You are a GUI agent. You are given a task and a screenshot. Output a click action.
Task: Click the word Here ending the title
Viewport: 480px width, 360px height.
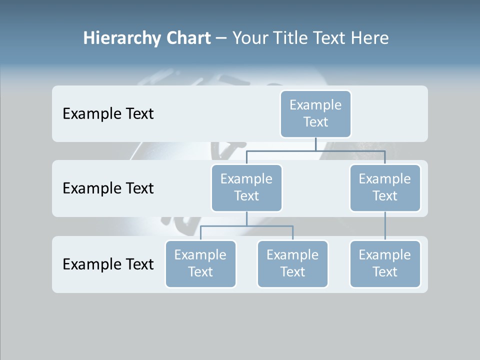[370, 38]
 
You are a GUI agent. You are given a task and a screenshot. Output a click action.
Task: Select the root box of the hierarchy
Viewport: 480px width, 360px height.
[315, 113]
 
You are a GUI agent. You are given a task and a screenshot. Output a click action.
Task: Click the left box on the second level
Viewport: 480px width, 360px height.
[246, 187]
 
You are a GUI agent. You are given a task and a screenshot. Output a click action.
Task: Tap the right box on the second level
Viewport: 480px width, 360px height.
[385, 187]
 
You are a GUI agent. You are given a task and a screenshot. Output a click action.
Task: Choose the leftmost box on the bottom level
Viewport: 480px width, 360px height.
[200, 263]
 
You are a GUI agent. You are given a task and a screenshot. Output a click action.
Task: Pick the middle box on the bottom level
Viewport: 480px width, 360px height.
[292, 263]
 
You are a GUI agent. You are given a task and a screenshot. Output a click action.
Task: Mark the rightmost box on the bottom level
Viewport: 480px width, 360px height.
[385, 263]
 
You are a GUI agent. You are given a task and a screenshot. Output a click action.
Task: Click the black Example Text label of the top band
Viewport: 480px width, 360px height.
[108, 114]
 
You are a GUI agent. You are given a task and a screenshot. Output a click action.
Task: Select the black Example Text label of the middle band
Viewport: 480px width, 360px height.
[108, 188]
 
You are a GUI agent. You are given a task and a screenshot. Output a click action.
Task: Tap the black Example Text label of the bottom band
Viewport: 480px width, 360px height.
[108, 264]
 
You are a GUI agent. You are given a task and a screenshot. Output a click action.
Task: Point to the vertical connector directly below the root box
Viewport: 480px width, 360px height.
[315, 144]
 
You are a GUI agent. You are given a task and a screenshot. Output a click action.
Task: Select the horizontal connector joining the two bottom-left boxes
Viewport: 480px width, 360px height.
[246, 226]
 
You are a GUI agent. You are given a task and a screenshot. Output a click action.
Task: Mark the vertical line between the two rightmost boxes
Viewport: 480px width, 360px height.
[385, 226]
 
